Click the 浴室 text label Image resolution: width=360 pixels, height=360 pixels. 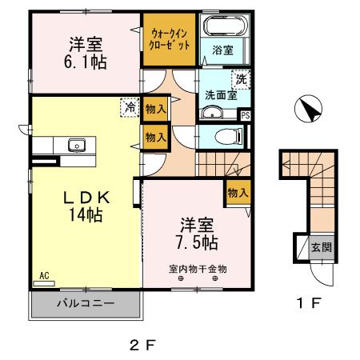(222, 50)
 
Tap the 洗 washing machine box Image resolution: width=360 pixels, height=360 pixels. (239, 78)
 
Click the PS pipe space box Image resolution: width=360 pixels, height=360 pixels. (245, 114)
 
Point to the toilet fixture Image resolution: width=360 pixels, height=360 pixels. (226, 134)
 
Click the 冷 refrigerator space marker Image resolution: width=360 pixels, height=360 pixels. (129, 106)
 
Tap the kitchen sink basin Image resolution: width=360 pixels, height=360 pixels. (77, 145)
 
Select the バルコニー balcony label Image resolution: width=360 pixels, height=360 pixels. (85, 304)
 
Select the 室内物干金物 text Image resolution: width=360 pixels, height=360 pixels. (198, 269)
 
